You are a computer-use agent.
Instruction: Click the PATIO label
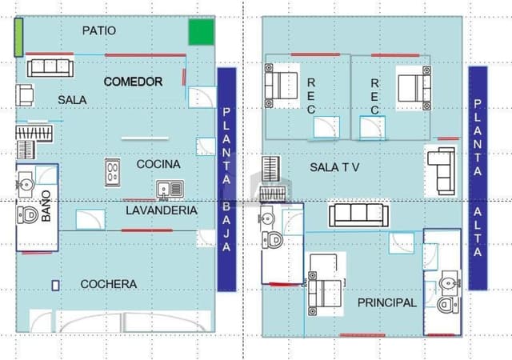tap(99, 30)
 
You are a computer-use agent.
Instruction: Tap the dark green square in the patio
tap(201, 32)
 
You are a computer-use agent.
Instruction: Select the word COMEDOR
tap(134, 82)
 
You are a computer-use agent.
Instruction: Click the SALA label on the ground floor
tap(72, 100)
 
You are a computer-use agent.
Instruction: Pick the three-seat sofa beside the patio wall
tap(50, 68)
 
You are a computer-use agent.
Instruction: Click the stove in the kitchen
tap(112, 173)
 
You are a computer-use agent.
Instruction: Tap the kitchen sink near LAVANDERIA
tap(170, 190)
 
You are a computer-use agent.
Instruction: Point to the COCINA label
tap(158, 164)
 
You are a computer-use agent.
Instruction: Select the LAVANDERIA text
tap(162, 210)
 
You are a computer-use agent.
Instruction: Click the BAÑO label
tap(46, 206)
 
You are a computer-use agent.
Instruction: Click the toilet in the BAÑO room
tap(27, 215)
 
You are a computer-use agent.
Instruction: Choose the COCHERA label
tap(109, 284)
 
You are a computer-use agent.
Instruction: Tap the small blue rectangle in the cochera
tap(55, 286)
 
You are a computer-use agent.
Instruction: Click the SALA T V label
tap(334, 167)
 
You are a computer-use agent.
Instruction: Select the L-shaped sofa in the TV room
tap(441, 171)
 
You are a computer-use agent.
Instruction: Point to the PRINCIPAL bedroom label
tap(387, 303)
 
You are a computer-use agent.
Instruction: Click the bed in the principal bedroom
tap(326, 294)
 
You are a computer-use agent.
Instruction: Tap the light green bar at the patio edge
tap(18, 38)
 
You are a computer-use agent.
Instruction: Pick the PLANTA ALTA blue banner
tap(478, 178)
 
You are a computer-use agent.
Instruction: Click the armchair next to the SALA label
tap(25, 95)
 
